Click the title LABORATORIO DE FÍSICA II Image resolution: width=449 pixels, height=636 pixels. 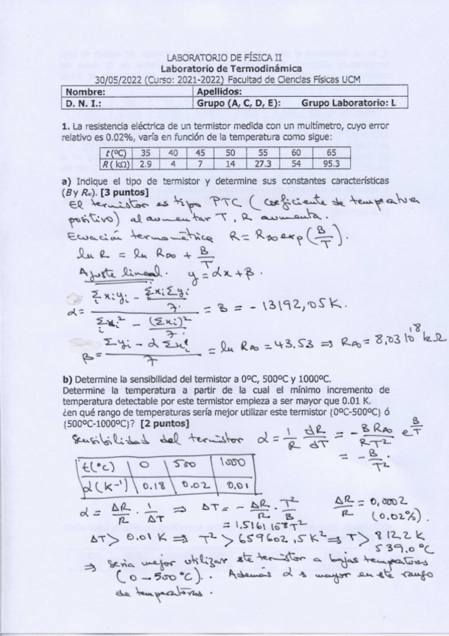pyautogui.click(x=223, y=57)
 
